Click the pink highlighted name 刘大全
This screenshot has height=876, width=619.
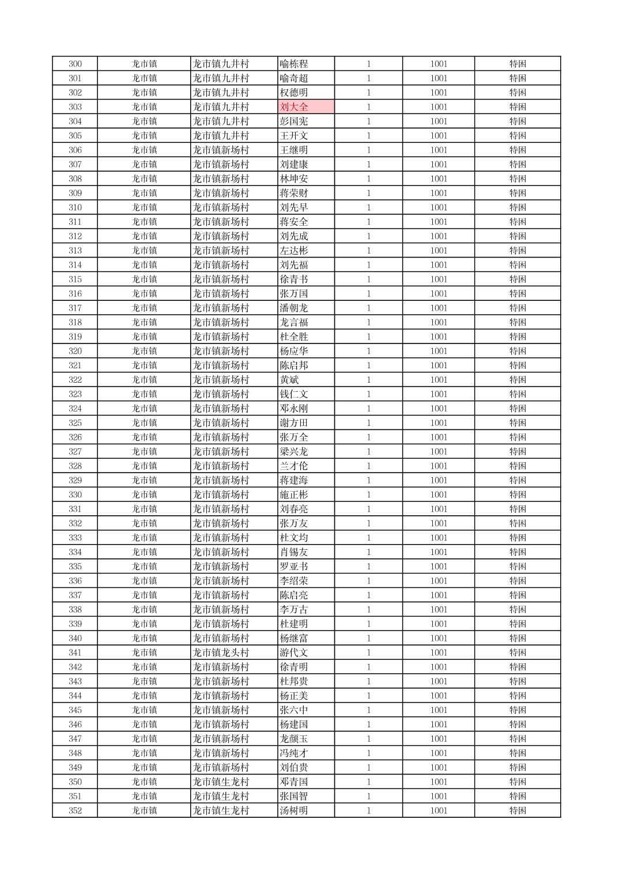[294, 107]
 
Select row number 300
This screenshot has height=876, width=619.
[75, 64]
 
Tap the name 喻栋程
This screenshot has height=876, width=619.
[294, 64]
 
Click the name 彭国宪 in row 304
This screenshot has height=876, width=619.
[294, 121]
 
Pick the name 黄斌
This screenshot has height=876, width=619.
[289, 380]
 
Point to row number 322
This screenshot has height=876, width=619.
[75, 380]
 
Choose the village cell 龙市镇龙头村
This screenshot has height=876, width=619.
[221, 652]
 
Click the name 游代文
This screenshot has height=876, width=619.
[294, 652]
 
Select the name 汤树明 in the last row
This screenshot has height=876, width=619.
[294, 810]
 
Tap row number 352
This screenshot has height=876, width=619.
[75, 810]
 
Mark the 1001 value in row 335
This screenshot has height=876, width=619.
[439, 567]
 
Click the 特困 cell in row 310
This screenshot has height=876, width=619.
[518, 207]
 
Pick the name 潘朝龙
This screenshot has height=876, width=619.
[294, 308]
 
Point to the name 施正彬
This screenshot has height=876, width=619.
[294, 494]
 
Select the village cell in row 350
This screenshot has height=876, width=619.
[221, 781]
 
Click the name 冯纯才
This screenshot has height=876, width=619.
[294, 753]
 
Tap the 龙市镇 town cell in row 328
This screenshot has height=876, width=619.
[144, 466]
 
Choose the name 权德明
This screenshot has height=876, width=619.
[294, 92]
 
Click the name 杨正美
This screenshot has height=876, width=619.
[294, 696]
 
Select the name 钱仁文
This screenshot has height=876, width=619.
[294, 394]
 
